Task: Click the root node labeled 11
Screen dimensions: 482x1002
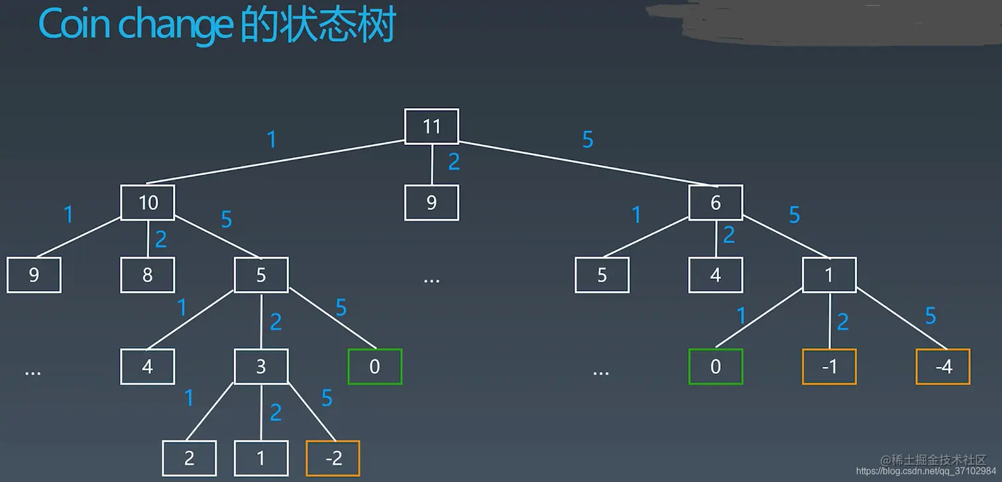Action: click(x=431, y=126)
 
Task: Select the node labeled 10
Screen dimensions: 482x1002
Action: click(x=148, y=202)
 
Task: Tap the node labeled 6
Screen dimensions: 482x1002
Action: click(x=715, y=202)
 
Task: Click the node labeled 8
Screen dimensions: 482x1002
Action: click(x=148, y=274)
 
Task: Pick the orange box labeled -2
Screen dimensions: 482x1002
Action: click(x=333, y=458)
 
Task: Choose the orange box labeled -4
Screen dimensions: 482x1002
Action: click(x=943, y=366)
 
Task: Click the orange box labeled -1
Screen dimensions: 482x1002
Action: click(x=829, y=366)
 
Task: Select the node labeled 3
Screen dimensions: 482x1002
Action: click(x=261, y=366)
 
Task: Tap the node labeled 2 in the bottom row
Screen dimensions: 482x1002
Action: click(x=190, y=458)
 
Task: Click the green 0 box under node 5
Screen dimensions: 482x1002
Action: click(x=374, y=366)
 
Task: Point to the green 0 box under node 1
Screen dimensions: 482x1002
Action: click(x=715, y=366)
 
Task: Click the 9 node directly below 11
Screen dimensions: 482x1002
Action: click(x=431, y=202)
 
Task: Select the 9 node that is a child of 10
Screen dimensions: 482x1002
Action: click(x=34, y=274)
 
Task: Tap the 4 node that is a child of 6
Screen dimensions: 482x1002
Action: click(x=715, y=274)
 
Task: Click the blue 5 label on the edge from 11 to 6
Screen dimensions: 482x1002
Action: click(x=587, y=140)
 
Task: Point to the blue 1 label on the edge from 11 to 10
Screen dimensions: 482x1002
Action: click(x=271, y=140)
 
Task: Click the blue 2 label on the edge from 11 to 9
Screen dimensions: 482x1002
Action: click(x=453, y=162)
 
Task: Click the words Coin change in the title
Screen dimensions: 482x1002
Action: click(x=136, y=25)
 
